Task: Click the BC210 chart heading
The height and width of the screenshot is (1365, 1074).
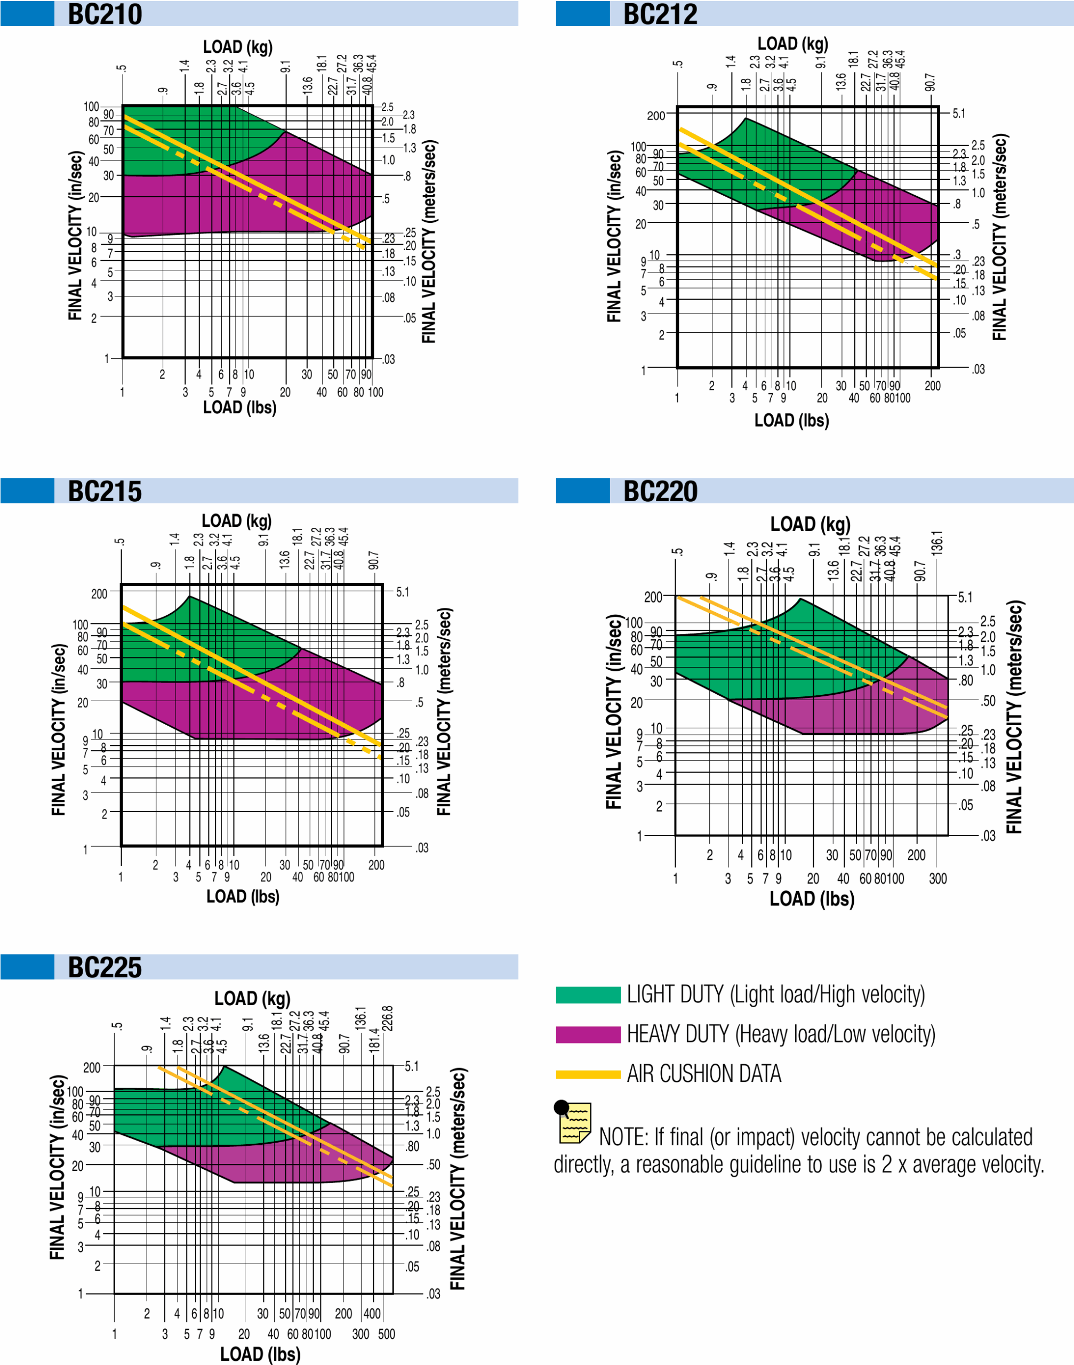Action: click(x=105, y=14)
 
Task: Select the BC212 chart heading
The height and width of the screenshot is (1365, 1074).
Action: click(x=660, y=14)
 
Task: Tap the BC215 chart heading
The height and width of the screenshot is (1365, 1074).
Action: click(x=105, y=491)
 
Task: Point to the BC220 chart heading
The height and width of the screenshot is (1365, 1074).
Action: click(x=660, y=491)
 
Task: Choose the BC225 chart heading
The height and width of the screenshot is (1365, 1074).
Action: click(x=105, y=967)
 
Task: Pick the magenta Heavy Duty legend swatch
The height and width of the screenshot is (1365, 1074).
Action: click(x=588, y=1034)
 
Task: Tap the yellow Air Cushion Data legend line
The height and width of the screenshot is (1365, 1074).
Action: click(x=588, y=1074)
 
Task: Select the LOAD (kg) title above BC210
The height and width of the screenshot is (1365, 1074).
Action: click(x=238, y=47)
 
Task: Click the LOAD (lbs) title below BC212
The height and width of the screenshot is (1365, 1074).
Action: click(x=792, y=420)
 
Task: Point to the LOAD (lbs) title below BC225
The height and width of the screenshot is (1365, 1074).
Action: click(x=260, y=1354)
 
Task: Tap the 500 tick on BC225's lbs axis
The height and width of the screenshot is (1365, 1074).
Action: click(x=387, y=1334)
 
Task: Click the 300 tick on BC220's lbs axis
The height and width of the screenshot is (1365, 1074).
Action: click(x=937, y=878)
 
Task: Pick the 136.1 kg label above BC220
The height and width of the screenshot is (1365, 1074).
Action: click(x=937, y=543)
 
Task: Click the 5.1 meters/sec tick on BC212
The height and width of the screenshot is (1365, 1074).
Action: click(x=958, y=114)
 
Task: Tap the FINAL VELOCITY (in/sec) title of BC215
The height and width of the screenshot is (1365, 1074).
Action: click(x=59, y=729)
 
